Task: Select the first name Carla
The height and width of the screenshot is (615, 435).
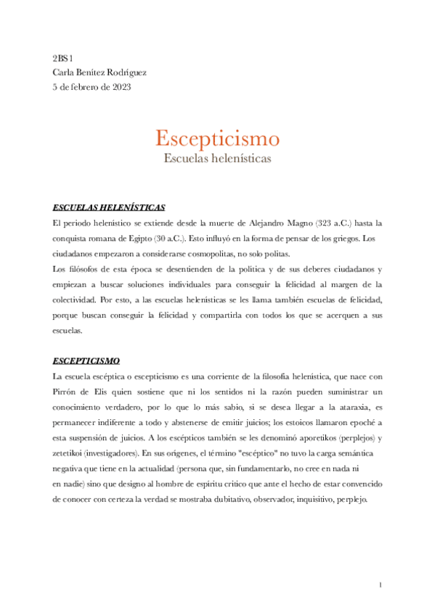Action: pyautogui.click(x=64, y=73)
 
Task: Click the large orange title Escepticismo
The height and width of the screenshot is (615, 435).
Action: pyautogui.click(x=217, y=138)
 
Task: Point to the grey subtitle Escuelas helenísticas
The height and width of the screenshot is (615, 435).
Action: pyautogui.click(x=217, y=157)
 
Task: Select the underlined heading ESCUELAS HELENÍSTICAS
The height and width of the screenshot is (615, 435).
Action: pyautogui.click(x=109, y=206)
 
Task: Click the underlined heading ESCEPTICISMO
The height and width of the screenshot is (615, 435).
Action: pyautogui.click(x=86, y=360)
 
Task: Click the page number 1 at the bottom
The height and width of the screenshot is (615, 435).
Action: pyautogui.click(x=380, y=584)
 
